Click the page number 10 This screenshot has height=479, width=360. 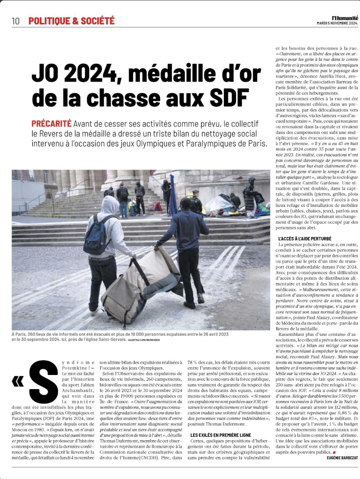point(15,21)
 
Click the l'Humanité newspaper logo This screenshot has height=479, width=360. point(345,17)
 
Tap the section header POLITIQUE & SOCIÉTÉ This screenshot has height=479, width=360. point(71,21)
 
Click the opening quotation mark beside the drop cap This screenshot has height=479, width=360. point(17,381)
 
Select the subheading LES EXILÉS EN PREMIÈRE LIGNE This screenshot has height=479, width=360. point(221,435)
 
